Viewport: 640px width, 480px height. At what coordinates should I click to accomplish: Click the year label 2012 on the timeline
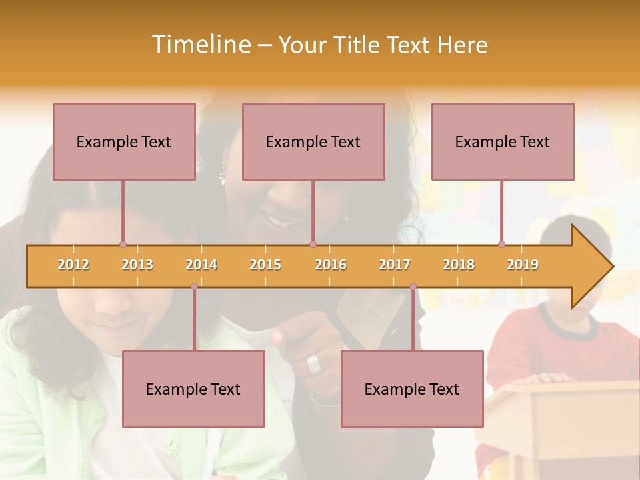pos(73,265)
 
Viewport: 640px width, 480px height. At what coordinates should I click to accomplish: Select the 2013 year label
pos(137,265)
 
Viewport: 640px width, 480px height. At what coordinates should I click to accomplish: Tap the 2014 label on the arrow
pos(201,265)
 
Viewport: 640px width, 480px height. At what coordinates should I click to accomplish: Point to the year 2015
pos(265,265)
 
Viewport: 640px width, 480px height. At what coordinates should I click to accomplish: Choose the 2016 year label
pos(331,265)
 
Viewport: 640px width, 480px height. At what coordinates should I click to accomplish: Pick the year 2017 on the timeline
pos(395,265)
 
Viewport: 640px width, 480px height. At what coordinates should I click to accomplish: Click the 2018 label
pos(459,265)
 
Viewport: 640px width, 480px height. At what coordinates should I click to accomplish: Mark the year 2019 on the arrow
pos(523,265)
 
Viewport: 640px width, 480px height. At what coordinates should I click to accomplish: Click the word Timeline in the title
pos(199,45)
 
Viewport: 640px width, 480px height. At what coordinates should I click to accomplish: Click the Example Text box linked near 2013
pos(124,141)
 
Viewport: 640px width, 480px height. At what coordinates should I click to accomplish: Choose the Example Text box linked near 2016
pos(313,141)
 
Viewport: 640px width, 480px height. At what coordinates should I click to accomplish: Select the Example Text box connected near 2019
pos(503,141)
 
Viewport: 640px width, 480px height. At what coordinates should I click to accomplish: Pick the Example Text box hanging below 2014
pos(193,389)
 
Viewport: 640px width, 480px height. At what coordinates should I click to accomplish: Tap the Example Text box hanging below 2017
pos(412,389)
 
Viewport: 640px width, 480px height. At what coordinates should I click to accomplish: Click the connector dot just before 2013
pos(123,244)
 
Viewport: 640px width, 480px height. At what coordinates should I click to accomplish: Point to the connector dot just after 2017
pos(413,287)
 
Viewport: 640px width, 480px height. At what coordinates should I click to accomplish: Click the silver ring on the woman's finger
pos(313,364)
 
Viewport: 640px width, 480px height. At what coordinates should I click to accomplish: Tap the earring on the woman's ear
pos(223,177)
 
